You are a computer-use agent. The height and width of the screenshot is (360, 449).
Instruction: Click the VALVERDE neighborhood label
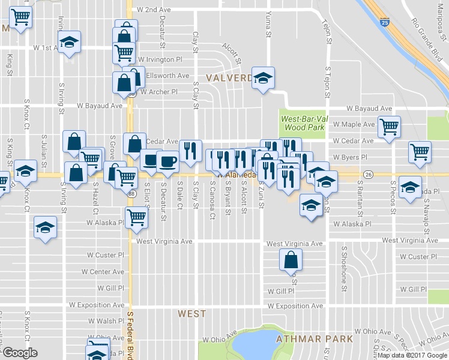coord(229,78)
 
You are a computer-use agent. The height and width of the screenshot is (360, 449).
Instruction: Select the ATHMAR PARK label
coord(314,339)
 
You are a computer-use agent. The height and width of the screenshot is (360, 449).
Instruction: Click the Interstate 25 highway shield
coord(384,22)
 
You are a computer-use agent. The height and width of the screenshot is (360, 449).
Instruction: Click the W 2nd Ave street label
coord(154,10)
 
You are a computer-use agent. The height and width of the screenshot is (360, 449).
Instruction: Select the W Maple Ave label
coord(354,124)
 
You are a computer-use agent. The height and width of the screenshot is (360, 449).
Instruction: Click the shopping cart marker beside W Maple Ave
coord(390,127)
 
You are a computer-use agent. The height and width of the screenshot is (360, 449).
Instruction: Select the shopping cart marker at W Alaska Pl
coord(136,218)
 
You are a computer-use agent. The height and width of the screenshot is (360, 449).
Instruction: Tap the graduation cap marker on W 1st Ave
coord(70,44)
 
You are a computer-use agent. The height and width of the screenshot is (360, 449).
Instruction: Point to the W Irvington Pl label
coord(160,59)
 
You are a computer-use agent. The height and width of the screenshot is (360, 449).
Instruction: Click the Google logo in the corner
coord(20,353)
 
